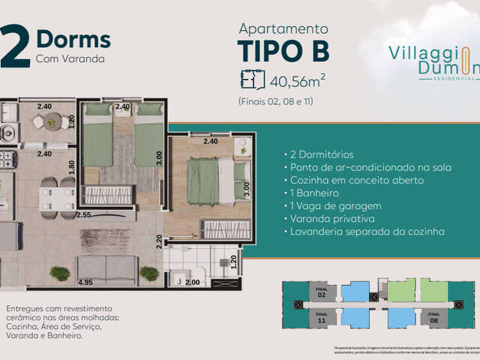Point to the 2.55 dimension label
[83, 214]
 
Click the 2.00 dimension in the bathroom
[193, 283]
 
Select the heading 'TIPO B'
[283, 51]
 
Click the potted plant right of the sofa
[149, 273]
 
